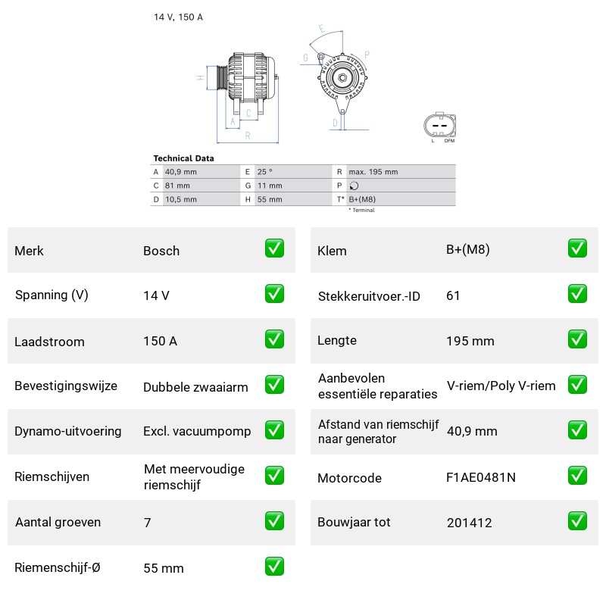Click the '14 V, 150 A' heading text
[x=178, y=17]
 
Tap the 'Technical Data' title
[x=183, y=158]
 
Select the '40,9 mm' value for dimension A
[x=181, y=172]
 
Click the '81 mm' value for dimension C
[x=177, y=186]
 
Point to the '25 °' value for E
[x=264, y=172]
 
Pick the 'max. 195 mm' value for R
[x=373, y=172]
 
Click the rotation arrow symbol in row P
[x=354, y=186]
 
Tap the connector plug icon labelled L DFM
[x=440, y=126]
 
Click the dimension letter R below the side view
[x=248, y=136]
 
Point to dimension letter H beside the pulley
[x=200, y=78]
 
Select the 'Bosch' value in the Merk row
[x=161, y=251]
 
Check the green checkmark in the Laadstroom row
[x=274, y=339]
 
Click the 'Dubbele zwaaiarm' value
[x=195, y=387]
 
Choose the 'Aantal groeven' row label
[x=58, y=522]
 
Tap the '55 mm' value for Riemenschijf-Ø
[x=164, y=568]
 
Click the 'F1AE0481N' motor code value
[x=481, y=478]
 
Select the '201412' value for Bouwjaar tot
[x=469, y=523]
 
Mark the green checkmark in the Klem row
[x=577, y=248]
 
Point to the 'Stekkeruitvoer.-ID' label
[x=369, y=296]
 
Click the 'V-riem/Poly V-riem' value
[x=501, y=386]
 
